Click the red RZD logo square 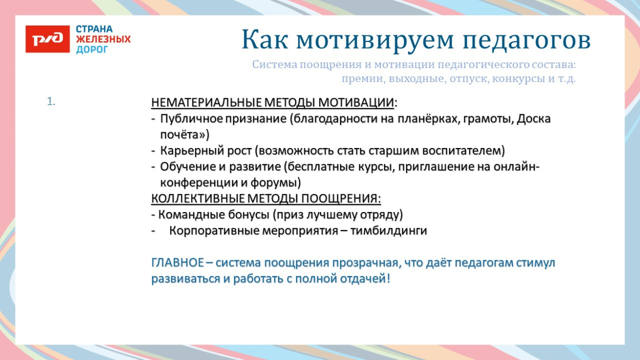(x=48, y=39)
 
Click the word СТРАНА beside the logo (x=94, y=29)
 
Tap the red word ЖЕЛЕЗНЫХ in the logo (x=103, y=39)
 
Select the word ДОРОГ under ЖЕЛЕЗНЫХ (x=92, y=50)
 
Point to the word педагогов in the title (x=520, y=40)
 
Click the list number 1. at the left (x=51, y=102)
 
